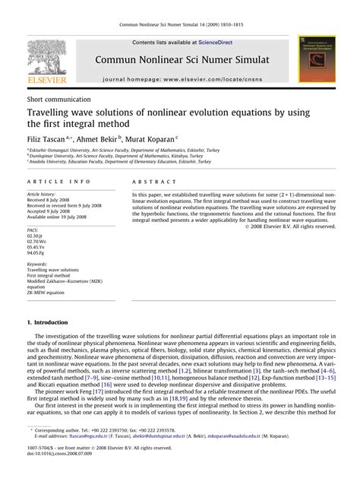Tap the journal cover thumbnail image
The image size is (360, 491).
point(318,58)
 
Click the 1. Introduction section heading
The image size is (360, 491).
point(46,322)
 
